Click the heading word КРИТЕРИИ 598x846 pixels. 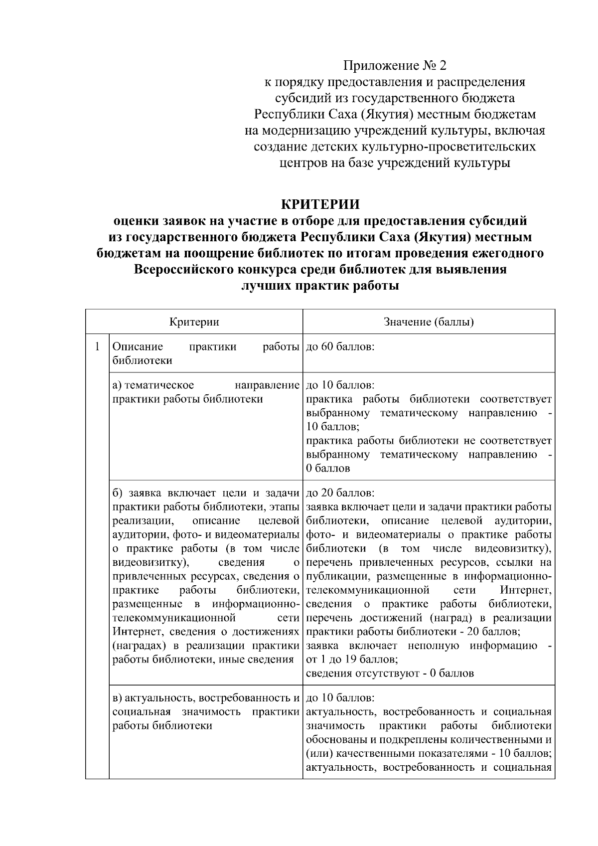click(x=320, y=204)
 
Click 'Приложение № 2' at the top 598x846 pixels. click(x=394, y=65)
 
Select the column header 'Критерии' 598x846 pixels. click(x=194, y=322)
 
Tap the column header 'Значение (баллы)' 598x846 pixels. click(x=429, y=322)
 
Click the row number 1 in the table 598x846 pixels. click(x=97, y=346)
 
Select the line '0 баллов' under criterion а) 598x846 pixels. click(x=328, y=469)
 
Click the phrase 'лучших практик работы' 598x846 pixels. click(x=320, y=286)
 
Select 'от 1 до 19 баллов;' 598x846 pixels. click(x=351, y=660)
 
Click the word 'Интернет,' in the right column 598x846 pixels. click(x=525, y=591)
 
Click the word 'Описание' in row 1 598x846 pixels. click(x=138, y=346)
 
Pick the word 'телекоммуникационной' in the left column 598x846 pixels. click(x=174, y=618)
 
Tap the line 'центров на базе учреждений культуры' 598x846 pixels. click(x=394, y=163)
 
